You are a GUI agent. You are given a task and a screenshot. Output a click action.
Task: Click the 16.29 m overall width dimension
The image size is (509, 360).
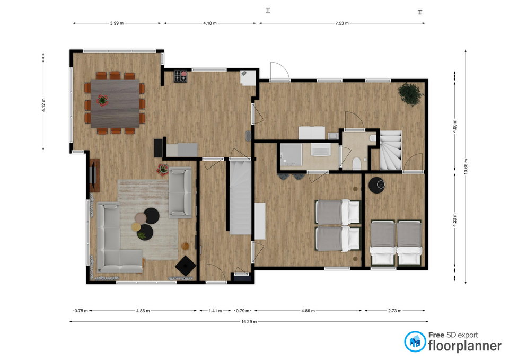(249, 322)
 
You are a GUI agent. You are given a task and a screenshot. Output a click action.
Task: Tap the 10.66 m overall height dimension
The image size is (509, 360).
(466, 166)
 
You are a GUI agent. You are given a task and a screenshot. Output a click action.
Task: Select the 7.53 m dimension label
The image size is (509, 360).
(342, 23)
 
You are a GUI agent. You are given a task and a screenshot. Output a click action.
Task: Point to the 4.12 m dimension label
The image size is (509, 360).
(43, 105)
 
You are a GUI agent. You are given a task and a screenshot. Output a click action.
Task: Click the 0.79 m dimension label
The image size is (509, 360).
(242, 311)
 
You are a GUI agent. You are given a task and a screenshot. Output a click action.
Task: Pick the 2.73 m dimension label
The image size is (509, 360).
(394, 311)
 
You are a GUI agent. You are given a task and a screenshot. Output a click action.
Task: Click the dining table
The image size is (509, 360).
(115, 103)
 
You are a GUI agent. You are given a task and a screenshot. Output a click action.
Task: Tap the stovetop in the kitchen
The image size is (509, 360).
(181, 76)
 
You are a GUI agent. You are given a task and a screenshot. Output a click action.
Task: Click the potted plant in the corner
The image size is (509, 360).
(410, 94)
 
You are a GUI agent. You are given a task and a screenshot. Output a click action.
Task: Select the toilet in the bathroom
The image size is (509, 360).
(356, 163)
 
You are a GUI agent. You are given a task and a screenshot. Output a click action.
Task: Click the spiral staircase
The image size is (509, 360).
(391, 150)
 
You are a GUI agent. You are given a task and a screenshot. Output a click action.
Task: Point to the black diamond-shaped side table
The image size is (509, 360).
(186, 266)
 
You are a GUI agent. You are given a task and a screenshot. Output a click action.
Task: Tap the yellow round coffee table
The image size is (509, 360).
(136, 226)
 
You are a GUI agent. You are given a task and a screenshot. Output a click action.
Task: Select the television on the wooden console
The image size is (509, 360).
(92, 175)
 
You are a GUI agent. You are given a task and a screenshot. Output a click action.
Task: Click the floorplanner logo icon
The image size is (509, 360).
(415, 341)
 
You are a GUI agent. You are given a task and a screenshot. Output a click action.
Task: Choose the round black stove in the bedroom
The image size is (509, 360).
(377, 185)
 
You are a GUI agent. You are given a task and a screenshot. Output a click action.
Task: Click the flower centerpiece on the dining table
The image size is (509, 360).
(102, 100)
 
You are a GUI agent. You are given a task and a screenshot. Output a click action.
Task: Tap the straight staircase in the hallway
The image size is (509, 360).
(240, 196)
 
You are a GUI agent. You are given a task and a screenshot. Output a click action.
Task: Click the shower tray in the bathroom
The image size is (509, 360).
(291, 155)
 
